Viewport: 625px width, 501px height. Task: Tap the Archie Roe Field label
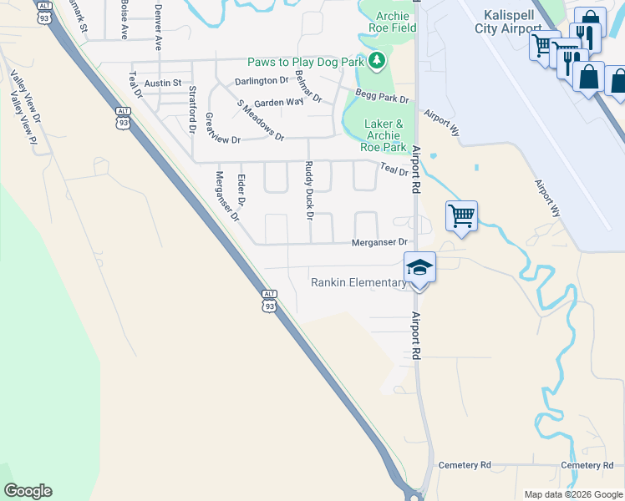[x=389, y=22]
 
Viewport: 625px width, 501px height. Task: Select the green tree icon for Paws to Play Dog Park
[x=377, y=60]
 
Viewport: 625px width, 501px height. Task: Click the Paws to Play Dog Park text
[x=307, y=62]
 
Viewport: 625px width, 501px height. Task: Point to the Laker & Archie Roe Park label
[x=384, y=135]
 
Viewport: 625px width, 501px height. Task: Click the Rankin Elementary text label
[x=358, y=282]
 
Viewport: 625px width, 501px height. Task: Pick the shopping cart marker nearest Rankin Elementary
[x=461, y=217]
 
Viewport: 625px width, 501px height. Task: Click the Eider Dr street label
[x=241, y=190]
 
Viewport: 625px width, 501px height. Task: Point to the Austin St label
[x=163, y=83]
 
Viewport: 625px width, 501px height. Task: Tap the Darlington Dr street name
[x=261, y=81]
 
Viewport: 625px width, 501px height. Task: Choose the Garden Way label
[x=278, y=102]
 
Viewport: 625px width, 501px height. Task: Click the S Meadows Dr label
[x=261, y=120]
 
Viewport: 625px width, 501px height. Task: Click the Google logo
[x=28, y=491]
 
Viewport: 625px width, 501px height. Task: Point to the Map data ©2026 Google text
[x=572, y=494]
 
